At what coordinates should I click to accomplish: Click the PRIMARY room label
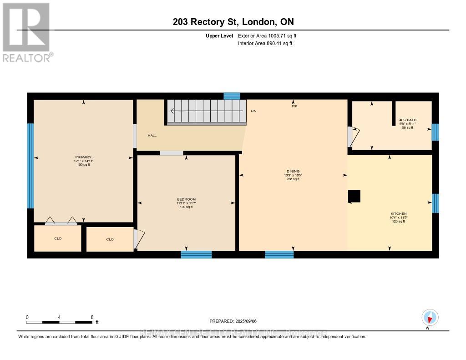[83, 157]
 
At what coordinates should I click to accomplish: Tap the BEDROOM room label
[186, 199]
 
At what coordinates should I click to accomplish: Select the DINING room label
[293, 172]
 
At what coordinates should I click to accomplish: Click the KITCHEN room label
[398, 214]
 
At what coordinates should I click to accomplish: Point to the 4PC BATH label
[407, 120]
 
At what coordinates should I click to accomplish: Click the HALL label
[152, 136]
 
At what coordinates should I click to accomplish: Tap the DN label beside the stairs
[253, 111]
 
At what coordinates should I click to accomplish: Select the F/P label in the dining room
[294, 106]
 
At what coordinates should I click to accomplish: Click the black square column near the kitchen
[354, 196]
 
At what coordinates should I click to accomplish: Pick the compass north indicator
[430, 317]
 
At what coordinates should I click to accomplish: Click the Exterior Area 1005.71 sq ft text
[267, 35]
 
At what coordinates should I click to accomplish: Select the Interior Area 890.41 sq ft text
[265, 44]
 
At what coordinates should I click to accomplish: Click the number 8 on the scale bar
[92, 317]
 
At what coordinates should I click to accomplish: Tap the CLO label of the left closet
[58, 238]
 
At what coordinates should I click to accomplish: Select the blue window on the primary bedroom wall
[30, 166]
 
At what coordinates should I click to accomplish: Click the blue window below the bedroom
[196, 254]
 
